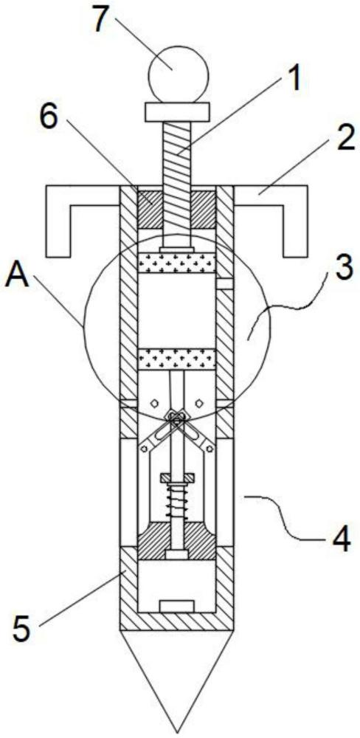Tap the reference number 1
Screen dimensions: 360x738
click(293, 79)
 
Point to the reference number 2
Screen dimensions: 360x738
click(344, 139)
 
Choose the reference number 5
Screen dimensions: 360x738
click(22, 627)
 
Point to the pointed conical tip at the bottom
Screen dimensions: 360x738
click(176, 677)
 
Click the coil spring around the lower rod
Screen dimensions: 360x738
click(176, 503)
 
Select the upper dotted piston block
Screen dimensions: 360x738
click(176, 263)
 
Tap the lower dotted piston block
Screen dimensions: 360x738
click(176, 359)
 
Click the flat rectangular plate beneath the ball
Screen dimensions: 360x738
click(177, 112)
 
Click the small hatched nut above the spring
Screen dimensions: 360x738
click(176, 477)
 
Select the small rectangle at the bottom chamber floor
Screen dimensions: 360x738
click(176, 606)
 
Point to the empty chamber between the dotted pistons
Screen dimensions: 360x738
click(176, 311)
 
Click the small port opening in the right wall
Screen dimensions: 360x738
click(224, 284)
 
